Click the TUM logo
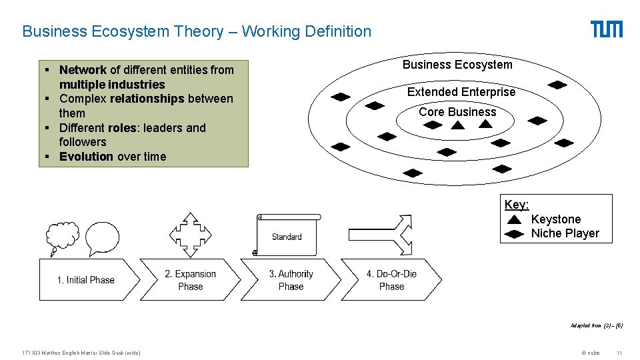(x=607, y=29)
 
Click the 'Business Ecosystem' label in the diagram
(x=457, y=65)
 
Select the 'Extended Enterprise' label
(x=461, y=92)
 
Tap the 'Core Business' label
(x=457, y=112)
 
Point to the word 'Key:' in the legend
(x=517, y=205)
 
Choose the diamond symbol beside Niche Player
(x=515, y=234)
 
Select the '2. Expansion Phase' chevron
(x=190, y=280)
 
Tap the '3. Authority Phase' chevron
(x=291, y=280)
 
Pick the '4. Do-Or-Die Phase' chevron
(x=391, y=280)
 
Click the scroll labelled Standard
(x=288, y=235)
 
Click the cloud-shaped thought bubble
(x=61, y=236)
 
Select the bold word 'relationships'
(x=147, y=99)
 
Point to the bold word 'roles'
(x=123, y=128)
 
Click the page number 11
(x=619, y=353)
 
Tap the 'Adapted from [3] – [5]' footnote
(x=597, y=325)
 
